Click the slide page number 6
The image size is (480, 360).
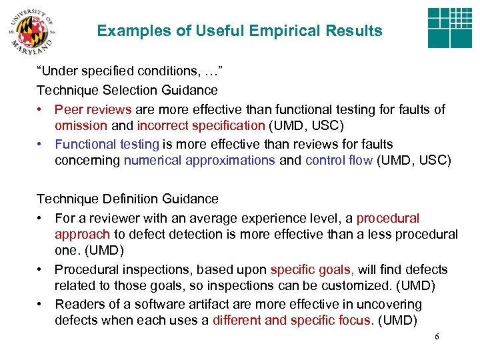437,337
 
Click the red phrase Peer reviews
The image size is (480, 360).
93,109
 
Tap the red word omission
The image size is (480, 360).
81,125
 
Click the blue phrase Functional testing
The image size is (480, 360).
107,144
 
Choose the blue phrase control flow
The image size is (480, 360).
339,160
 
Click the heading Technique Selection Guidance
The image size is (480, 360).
127,89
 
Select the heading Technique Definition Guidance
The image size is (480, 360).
127,199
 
